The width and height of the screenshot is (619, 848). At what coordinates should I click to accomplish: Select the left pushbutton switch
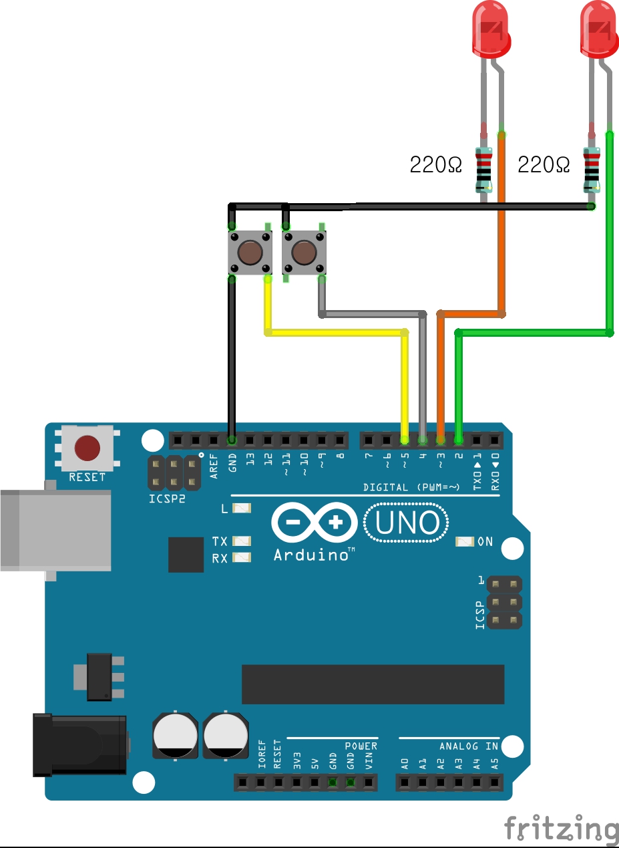pyautogui.click(x=250, y=253)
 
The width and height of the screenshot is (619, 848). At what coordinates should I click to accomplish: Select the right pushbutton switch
pyautogui.click(x=304, y=253)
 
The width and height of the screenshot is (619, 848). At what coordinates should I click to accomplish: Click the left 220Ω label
pyautogui.click(x=435, y=164)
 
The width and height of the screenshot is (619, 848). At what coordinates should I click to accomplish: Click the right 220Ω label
pyautogui.click(x=544, y=164)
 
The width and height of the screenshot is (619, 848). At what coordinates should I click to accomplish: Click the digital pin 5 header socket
pyautogui.click(x=405, y=440)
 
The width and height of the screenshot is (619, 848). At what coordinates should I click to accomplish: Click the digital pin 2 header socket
pyautogui.click(x=459, y=440)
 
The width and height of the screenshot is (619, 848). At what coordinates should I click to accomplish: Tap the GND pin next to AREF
pyautogui.click(x=232, y=440)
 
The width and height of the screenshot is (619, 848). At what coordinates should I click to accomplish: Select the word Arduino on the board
pyautogui.click(x=311, y=555)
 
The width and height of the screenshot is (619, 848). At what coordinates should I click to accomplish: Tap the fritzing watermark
pyautogui.click(x=561, y=829)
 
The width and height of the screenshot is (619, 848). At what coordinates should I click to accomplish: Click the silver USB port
pyautogui.click(x=53, y=529)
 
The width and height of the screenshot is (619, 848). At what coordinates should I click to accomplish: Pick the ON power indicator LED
pyautogui.click(x=464, y=541)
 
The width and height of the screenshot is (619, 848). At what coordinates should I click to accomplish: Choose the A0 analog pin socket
pyautogui.click(x=405, y=782)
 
